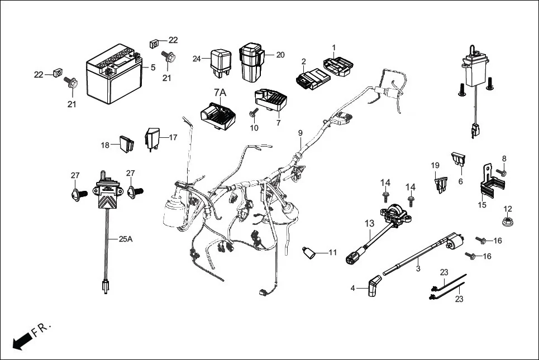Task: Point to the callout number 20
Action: (280, 55)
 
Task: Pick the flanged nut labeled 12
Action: (508, 222)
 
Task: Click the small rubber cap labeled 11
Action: (309, 254)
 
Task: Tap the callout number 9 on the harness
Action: (300, 133)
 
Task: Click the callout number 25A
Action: (126, 239)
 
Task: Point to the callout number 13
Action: (370, 224)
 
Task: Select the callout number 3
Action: (418, 268)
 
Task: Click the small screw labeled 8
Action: (501, 172)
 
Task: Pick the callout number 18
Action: (105, 145)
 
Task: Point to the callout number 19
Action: (435, 165)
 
